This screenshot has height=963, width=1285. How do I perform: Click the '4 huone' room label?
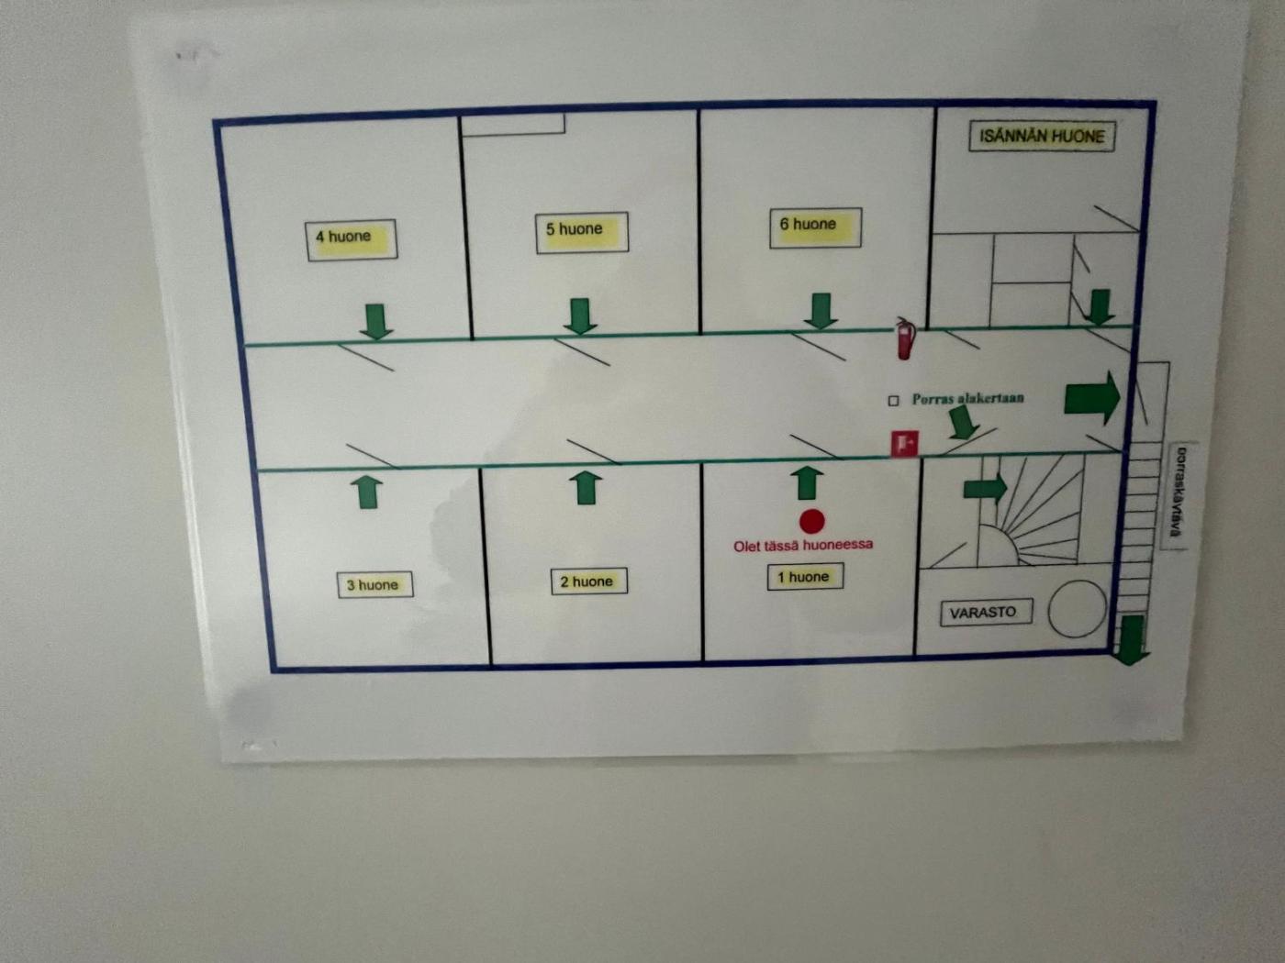coord(351,238)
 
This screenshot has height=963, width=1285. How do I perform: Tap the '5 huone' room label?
coord(581,230)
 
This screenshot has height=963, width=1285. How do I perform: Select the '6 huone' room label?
coord(814,226)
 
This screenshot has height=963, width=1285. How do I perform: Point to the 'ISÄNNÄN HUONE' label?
coord(1042,137)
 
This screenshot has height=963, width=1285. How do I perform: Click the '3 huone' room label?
coord(374,585)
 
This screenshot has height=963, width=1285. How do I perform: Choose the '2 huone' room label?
coord(588,581)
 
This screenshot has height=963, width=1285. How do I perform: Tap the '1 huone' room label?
coord(804,577)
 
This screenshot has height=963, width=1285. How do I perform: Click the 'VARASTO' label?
coord(984,613)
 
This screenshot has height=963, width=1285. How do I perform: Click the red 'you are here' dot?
coord(811,521)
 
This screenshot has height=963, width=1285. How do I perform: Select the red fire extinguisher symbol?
coord(905,338)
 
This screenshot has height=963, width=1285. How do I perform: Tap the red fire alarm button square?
coord(904,444)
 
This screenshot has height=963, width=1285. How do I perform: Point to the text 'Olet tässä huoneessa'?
coord(803,546)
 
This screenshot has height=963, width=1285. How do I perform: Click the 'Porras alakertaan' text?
coord(967,399)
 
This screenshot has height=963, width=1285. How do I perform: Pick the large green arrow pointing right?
coord(1092,398)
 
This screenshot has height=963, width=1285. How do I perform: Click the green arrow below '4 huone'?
coord(375,322)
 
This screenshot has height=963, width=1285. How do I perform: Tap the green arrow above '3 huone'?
coord(368,491)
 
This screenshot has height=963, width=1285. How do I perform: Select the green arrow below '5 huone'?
coord(579,316)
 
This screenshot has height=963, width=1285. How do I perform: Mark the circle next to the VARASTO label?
coord(1078,608)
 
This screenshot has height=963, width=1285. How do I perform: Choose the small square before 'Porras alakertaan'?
coord(893,401)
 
